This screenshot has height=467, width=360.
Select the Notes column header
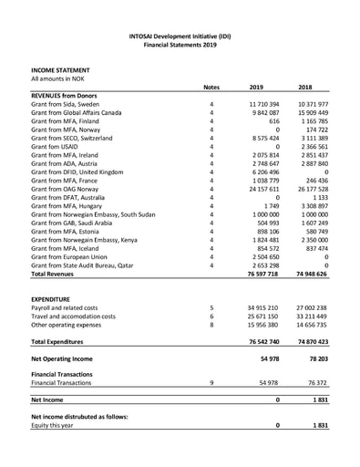[211, 87]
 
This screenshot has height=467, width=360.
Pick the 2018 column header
[311, 87]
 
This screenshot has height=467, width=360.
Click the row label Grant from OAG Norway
[71, 189]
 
